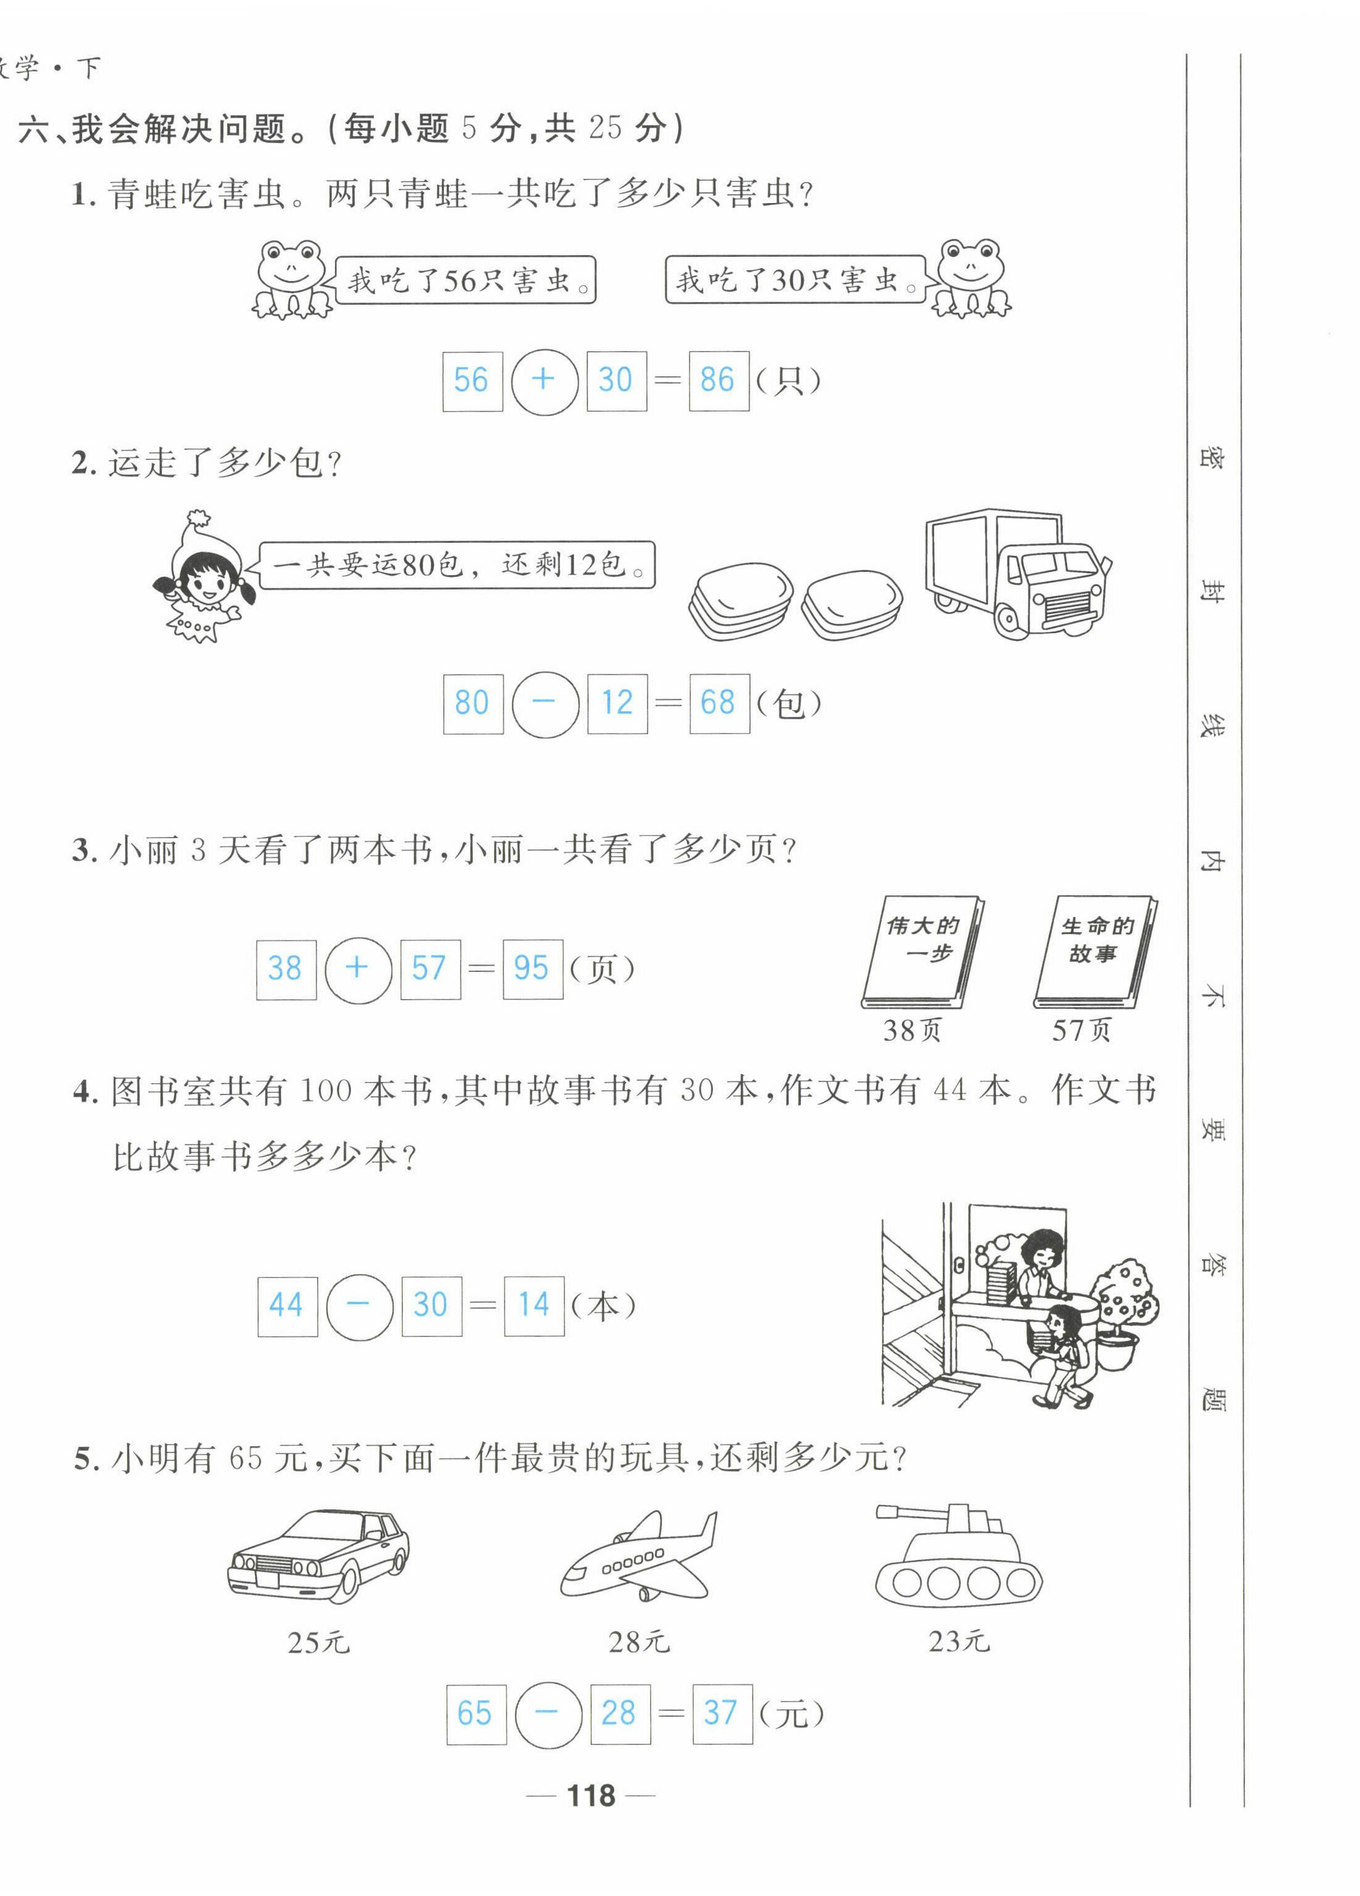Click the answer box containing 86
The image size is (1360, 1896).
tap(719, 381)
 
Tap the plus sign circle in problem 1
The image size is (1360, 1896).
tap(544, 381)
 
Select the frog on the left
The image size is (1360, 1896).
tap(291, 279)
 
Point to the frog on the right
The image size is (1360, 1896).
tap(971, 279)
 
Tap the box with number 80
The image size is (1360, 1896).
tap(473, 704)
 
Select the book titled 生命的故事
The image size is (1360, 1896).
tap(1096, 952)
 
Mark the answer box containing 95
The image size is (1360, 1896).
tap(532, 969)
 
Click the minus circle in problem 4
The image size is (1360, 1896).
tap(358, 1306)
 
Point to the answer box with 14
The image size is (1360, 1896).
tap(534, 1306)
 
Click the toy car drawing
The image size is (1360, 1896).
tap(318, 1556)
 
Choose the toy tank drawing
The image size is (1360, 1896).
tap(958, 1554)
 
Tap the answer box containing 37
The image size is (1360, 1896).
tap(722, 1714)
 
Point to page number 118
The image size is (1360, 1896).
tap(591, 1796)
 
